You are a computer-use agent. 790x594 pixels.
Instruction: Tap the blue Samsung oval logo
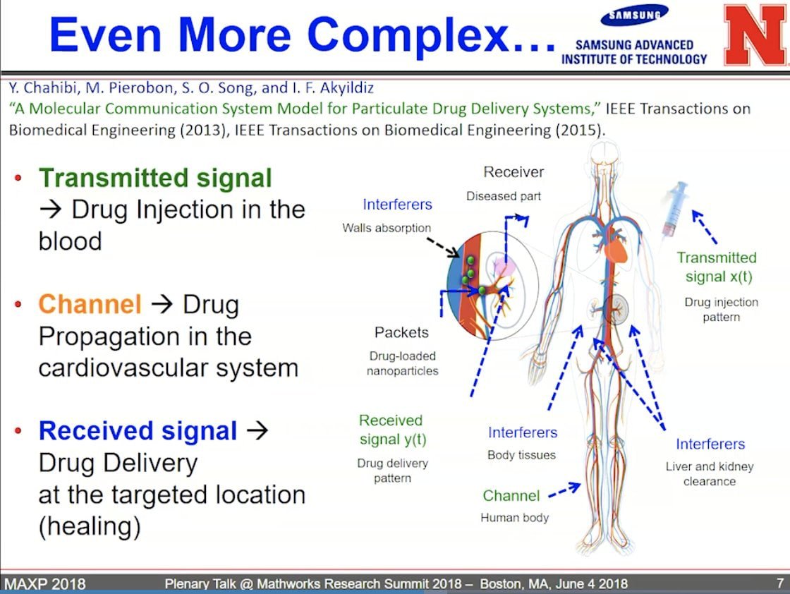click(x=634, y=15)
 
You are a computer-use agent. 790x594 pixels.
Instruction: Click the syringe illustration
click(x=675, y=210)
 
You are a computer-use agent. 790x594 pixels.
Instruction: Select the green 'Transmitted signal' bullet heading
click(x=155, y=178)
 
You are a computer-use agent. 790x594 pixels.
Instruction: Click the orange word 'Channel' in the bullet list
click(x=90, y=304)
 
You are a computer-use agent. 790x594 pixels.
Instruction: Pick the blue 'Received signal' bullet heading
click(x=138, y=431)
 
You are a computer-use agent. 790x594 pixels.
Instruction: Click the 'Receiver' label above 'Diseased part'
click(x=513, y=172)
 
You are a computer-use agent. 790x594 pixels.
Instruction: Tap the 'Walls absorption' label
click(x=387, y=228)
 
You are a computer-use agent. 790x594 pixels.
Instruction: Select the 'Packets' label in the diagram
click(x=401, y=332)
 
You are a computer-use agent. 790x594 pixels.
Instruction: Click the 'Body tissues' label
click(x=521, y=455)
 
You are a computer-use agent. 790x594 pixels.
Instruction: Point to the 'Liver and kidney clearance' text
click(x=710, y=473)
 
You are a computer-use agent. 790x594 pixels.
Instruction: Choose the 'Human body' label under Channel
click(x=514, y=517)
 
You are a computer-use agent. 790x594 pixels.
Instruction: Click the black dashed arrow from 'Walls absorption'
click(x=443, y=246)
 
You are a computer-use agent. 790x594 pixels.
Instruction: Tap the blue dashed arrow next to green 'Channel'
click(x=564, y=490)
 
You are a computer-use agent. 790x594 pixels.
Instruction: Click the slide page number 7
click(x=780, y=583)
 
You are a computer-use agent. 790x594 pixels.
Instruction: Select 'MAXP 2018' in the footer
click(x=45, y=583)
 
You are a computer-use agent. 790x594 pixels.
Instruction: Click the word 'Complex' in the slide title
click(x=408, y=35)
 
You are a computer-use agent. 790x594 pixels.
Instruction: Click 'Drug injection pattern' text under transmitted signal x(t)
click(x=721, y=309)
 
